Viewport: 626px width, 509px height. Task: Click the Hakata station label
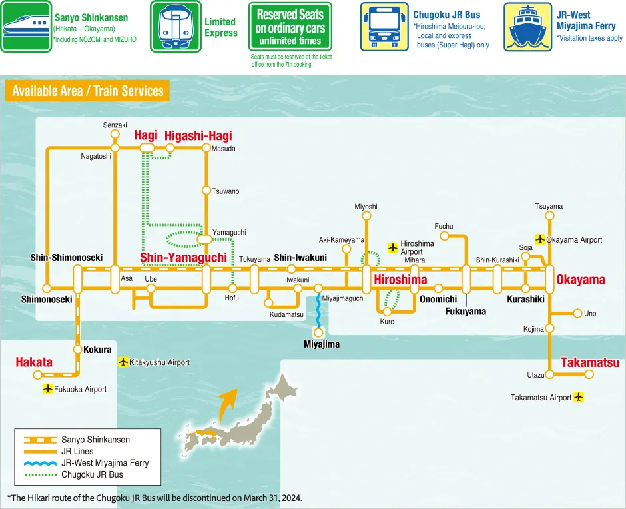tap(34, 362)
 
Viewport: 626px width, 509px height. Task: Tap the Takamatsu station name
tap(590, 363)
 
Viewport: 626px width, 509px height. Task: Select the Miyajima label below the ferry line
tap(322, 344)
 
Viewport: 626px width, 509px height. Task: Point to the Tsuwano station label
tap(225, 191)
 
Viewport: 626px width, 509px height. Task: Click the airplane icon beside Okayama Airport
tap(540, 239)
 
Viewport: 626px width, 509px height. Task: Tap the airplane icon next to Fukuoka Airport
tap(47, 389)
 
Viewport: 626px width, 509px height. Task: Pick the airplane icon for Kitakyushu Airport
tap(123, 362)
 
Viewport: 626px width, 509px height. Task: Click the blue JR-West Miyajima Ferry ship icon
tap(528, 27)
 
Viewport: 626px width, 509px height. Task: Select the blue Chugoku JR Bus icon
tap(385, 27)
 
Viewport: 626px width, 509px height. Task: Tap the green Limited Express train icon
tap(176, 27)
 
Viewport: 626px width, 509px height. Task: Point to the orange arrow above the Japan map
tap(228, 400)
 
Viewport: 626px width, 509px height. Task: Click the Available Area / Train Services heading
tap(87, 91)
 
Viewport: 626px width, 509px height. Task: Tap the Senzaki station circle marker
tap(115, 134)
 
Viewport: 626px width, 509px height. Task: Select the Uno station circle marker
tap(577, 314)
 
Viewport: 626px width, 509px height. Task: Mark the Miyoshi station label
tap(366, 207)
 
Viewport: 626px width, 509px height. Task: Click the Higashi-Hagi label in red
tap(198, 136)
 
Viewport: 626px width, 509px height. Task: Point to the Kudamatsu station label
tap(286, 314)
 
